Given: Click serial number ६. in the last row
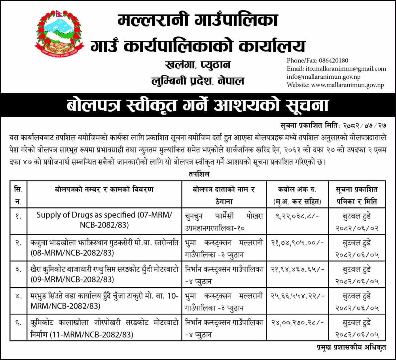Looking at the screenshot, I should [17, 323].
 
